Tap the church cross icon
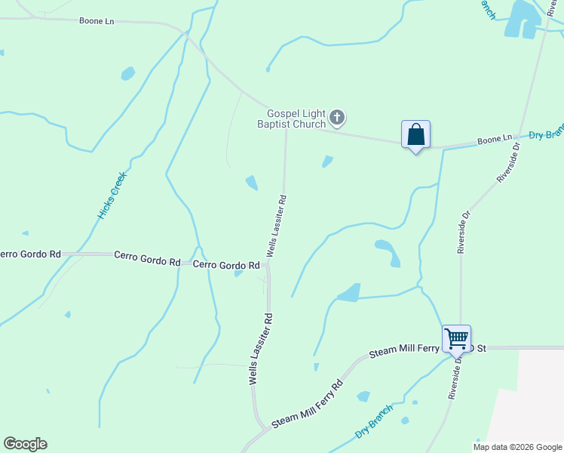pyautogui.click(x=337, y=118)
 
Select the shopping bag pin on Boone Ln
pyautogui.click(x=415, y=136)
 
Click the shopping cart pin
pyautogui.click(x=456, y=338)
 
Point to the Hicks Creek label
pyautogui.click(x=112, y=196)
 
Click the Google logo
pyautogui.click(x=25, y=444)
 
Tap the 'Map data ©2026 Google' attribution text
pyautogui.click(x=517, y=446)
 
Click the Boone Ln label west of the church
pyautogui.click(x=96, y=20)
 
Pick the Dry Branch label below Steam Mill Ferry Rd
pyautogui.click(x=374, y=423)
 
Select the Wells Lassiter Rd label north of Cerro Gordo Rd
pyautogui.click(x=275, y=226)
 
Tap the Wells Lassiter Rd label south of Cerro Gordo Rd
pyautogui.click(x=259, y=349)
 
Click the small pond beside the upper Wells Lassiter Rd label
pyautogui.click(x=252, y=183)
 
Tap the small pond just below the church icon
pyautogui.click(x=327, y=161)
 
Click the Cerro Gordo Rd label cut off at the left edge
pyautogui.click(x=30, y=254)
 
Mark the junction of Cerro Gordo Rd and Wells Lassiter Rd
pyautogui.click(x=268, y=265)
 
